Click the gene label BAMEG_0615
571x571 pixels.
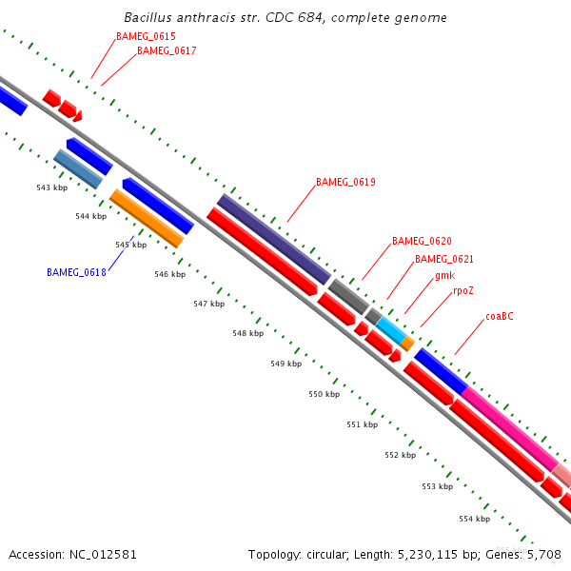(146, 36)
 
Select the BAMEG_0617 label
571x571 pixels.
(167, 51)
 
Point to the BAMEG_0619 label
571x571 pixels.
(345, 182)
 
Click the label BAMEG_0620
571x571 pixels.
(422, 242)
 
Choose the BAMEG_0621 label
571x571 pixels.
(444, 259)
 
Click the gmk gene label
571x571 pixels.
(444, 275)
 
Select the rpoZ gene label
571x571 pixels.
(463, 291)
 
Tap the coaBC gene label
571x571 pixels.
(499, 316)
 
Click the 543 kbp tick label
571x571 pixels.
(51, 187)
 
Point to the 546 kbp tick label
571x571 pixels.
(169, 274)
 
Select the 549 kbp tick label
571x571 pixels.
(285, 364)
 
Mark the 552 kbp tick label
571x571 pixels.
(400, 455)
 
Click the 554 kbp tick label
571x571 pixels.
(474, 519)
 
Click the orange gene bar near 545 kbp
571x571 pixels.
(146, 218)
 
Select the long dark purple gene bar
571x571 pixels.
(273, 239)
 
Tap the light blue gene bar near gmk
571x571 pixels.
(390, 330)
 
